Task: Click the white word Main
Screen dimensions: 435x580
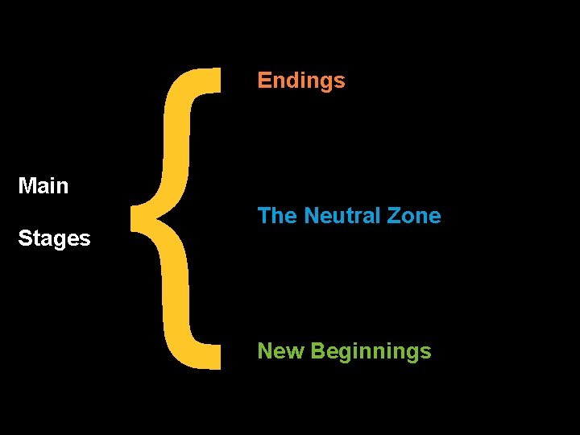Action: [x=43, y=186]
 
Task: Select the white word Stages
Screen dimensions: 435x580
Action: [x=54, y=238]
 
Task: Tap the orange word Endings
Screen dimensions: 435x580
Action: [x=301, y=81]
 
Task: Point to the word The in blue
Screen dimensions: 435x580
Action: [x=276, y=216]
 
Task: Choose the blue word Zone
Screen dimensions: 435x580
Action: [x=414, y=216]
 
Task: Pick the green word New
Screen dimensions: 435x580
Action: [x=280, y=351]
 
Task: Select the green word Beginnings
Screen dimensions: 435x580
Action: [x=371, y=352]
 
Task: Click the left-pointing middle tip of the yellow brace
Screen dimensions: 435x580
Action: [x=134, y=217]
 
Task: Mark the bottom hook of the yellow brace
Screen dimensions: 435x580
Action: [x=205, y=362]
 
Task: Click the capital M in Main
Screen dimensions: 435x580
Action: [x=27, y=186]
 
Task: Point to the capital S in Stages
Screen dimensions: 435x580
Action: [x=24, y=238]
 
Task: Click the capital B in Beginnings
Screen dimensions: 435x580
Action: [x=317, y=351]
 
